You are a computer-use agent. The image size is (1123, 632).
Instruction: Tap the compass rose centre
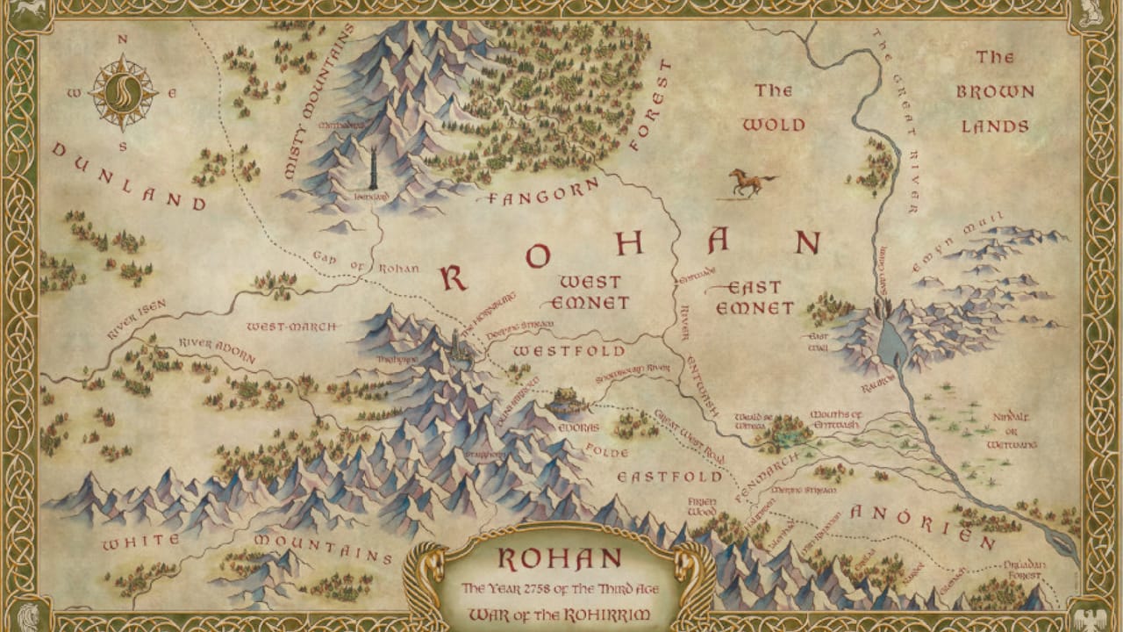pos(123,91)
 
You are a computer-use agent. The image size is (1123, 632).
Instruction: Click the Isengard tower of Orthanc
pos(373,167)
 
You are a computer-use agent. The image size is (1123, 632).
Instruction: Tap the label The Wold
pos(773,107)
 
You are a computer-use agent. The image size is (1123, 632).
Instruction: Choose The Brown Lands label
pos(995,91)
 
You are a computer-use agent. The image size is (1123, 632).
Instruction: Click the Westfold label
pos(569,351)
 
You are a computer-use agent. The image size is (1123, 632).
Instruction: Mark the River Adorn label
pos(217,348)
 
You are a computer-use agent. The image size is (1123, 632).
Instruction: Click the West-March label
pos(291,327)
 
